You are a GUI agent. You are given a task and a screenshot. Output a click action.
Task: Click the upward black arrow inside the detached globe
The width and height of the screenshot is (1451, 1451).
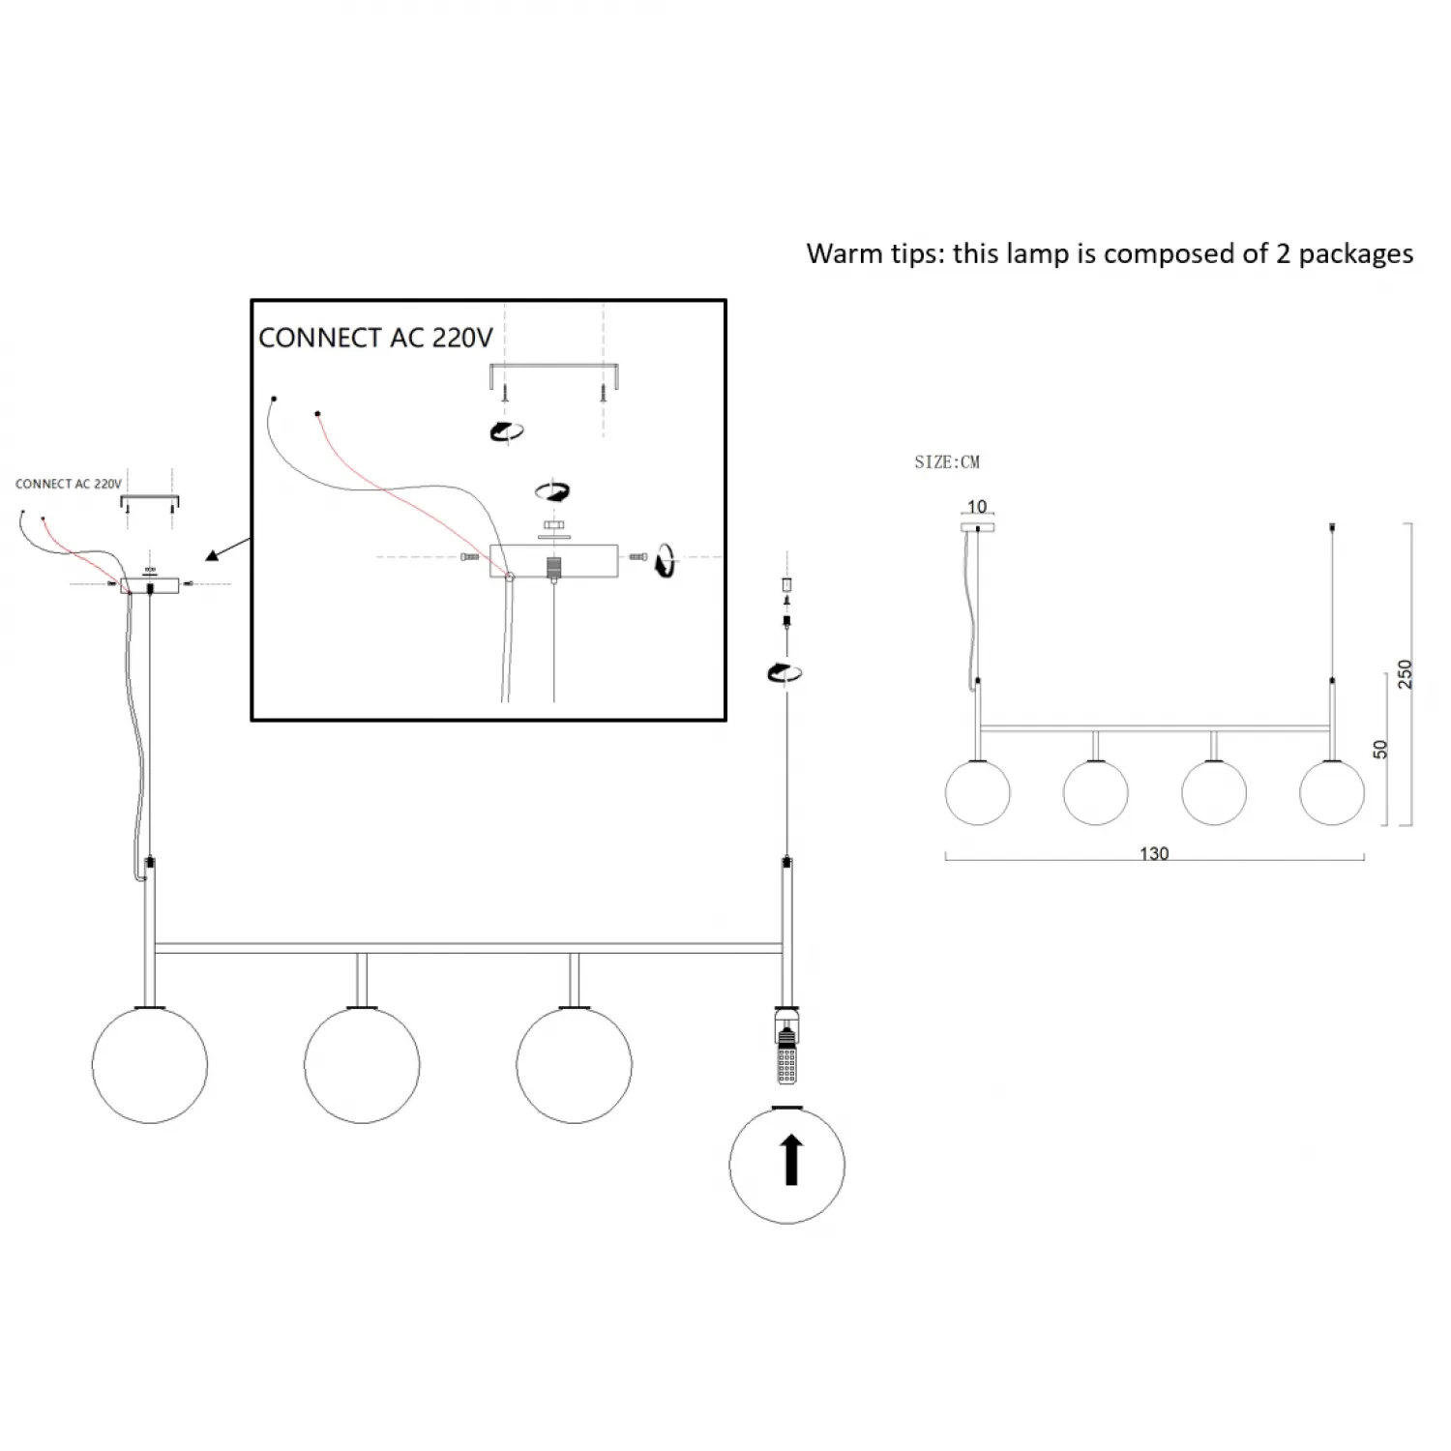tap(791, 1160)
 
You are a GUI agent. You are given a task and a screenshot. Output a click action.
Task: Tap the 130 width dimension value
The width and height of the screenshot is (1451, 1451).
tap(1154, 853)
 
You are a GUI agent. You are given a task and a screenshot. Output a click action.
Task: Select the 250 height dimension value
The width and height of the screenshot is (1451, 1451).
tap(1405, 674)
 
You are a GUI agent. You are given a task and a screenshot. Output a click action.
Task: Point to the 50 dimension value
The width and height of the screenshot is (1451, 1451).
tap(1380, 749)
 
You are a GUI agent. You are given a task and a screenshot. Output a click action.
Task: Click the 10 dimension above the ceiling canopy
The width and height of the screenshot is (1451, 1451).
tap(977, 507)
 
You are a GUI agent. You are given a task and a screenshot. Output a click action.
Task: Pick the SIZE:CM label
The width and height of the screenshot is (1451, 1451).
tap(947, 462)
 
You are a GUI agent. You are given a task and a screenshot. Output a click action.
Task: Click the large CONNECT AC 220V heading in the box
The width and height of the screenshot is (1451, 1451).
tap(375, 338)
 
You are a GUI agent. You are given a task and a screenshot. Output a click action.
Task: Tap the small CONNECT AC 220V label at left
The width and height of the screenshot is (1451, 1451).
tap(69, 484)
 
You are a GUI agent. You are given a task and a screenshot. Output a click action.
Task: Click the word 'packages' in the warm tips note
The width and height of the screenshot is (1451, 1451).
tap(1355, 253)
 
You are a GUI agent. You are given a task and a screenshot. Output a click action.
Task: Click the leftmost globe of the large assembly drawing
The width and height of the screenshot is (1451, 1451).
tap(150, 1064)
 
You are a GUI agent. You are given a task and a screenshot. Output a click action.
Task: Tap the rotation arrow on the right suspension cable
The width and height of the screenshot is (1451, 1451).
tap(784, 672)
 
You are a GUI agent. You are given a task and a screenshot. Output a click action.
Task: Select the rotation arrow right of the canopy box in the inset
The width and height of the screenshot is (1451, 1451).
tap(665, 560)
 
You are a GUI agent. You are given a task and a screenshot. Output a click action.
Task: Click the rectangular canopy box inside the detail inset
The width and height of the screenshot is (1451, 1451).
tap(553, 561)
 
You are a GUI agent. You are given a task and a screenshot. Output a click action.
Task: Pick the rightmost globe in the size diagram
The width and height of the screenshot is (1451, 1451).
tap(1332, 792)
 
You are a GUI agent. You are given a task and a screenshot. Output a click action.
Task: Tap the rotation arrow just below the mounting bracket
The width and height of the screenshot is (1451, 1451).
tap(507, 431)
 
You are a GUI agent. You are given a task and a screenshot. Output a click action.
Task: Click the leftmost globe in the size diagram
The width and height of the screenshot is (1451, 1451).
tap(977, 792)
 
